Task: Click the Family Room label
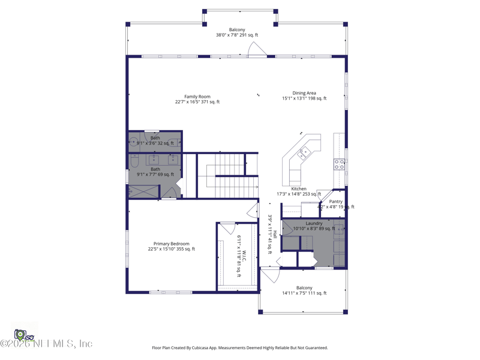[197, 97]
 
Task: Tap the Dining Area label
[304, 93]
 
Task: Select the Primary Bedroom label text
[171, 244]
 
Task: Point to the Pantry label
[336, 202]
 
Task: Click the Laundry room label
[314, 223]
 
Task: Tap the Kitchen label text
[298, 189]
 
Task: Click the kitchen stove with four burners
[339, 164]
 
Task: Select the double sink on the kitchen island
[304, 152]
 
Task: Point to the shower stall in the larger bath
[143, 191]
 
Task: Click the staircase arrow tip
[257, 187]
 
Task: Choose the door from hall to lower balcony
[270, 275]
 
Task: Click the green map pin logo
[20, 334]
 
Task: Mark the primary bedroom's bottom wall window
[170, 292]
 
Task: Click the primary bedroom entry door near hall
[253, 210]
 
